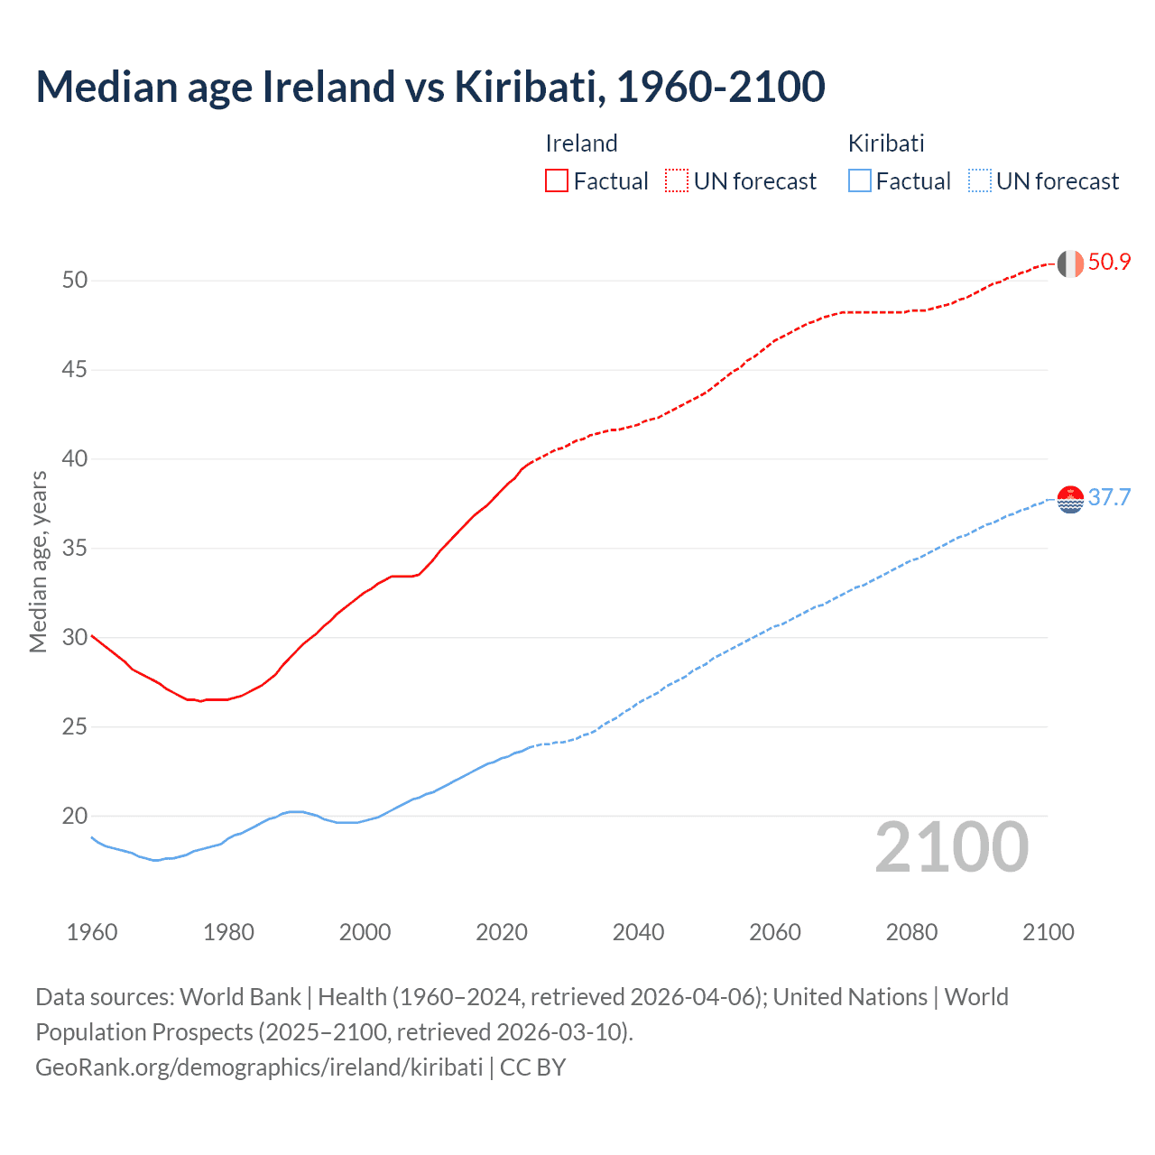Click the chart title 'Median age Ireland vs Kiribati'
click(x=430, y=87)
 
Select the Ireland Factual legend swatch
click(x=557, y=181)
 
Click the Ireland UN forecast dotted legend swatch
click(x=677, y=181)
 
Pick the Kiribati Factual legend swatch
click(x=860, y=181)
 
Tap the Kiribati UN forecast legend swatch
click(x=979, y=181)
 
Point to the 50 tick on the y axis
click(x=75, y=281)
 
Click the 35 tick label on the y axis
click(x=75, y=549)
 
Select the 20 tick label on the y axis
click(x=75, y=817)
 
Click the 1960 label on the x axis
click(x=92, y=932)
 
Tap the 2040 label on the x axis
click(x=638, y=932)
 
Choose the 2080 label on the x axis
click(x=911, y=932)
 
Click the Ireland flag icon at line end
click(x=1070, y=263)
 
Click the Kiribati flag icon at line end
click(x=1070, y=499)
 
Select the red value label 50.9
click(x=1109, y=263)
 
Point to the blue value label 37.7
click(x=1109, y=498)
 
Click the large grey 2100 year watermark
click(x=952, y=847)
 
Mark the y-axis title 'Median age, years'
click(x=38, y=561)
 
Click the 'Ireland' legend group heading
click(x=582, y=143)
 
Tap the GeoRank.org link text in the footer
click(x=259, y=1067)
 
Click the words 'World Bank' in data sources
click(x=240, y=997)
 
